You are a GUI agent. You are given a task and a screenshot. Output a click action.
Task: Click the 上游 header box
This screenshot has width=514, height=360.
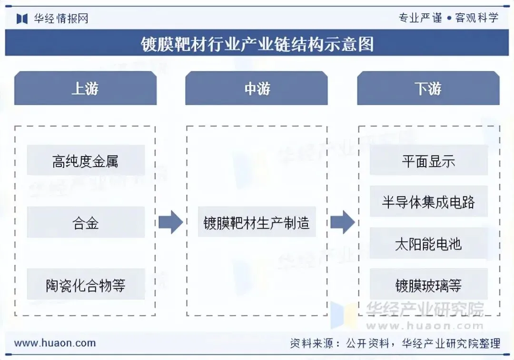[85, 89]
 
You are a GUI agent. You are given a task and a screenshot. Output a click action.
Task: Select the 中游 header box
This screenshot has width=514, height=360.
[257, 89]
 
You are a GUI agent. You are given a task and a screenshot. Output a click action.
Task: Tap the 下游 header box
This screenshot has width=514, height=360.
[428, 89]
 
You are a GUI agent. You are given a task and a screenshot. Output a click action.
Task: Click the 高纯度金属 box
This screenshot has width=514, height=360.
[86, 161]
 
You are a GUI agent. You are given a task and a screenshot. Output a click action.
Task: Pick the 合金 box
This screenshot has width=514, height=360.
[86, 222]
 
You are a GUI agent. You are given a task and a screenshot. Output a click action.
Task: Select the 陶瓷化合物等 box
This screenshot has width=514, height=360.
[86, 285]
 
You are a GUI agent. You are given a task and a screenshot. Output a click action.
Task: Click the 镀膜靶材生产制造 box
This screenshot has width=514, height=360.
[257, 222]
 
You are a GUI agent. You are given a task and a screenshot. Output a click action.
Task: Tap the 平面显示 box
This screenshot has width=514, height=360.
[428, 161]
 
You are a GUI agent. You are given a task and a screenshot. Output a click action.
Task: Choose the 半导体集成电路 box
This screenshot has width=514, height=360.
[428, 202]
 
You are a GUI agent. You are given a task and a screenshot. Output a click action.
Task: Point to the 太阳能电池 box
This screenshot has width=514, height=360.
[428, 244]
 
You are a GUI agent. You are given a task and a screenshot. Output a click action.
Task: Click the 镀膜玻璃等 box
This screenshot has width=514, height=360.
[428, 285]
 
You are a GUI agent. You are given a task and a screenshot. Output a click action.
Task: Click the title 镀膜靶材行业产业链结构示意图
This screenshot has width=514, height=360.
[257, 44]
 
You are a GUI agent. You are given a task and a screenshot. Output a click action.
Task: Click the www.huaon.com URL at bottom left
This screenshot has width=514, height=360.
[55, 343]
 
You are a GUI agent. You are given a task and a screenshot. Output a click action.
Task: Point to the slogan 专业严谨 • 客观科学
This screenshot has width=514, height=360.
[448, 18]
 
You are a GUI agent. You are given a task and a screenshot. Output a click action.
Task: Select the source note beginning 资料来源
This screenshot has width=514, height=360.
[395, 343]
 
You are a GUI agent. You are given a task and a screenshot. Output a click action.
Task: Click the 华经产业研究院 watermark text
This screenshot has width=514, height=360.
[425, 310]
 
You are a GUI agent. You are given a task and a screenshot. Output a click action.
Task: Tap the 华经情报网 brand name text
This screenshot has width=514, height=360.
[61, 18]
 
